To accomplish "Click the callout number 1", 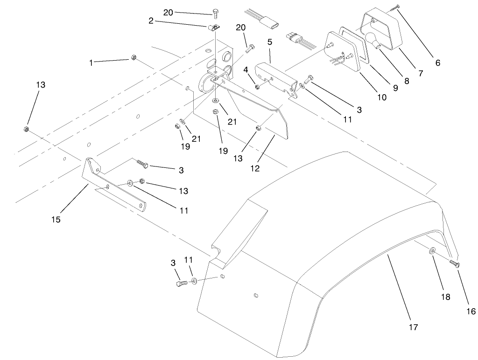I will point(91,62).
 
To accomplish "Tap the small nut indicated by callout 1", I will point(133,58).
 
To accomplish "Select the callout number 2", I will point(151,21).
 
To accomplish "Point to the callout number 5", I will point(269,42).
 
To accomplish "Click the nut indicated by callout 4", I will point(257,86).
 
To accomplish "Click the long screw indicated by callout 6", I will point(396,7).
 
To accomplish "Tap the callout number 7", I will point(421,73).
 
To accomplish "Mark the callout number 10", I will point(381,97).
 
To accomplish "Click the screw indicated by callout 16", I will point(455,264).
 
